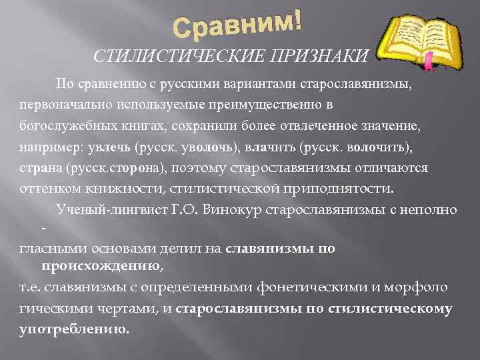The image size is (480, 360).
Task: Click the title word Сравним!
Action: pos(237,25)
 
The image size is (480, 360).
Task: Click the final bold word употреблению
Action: pos(74,329)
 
